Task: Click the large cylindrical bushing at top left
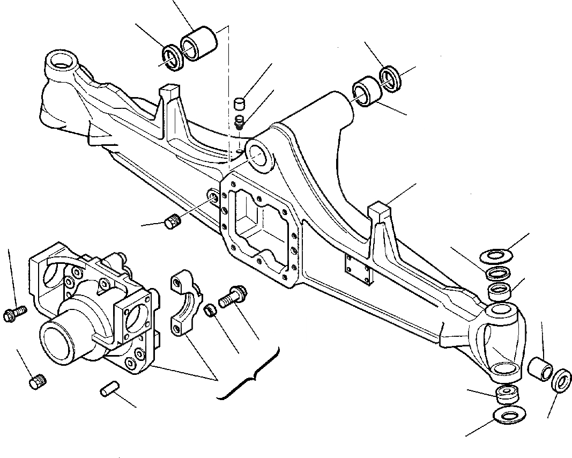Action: (199, 43)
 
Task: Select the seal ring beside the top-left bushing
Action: (173, 56)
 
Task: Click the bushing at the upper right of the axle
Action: (366, 91)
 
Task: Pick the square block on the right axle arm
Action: (381, 210)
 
